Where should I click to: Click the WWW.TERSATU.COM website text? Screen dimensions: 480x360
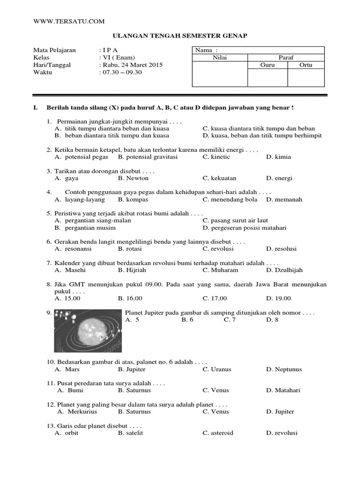[x=69, y=22]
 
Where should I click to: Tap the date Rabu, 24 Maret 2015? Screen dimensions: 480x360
[x=133, y=65]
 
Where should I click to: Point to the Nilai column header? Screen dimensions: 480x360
[x=219, y=58]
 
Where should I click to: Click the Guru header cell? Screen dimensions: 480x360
[x=267, y=65]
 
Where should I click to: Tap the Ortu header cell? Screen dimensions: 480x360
[x=306, y=65]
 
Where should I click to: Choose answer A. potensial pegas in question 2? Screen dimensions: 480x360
[x=82, y=157]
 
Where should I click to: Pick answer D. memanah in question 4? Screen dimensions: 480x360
[x=284, y=199]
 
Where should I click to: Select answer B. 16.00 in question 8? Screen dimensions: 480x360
[x=130, y=298]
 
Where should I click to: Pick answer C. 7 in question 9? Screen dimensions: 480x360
[x=229, y=320]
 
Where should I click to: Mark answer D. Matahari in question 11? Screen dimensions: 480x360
[x=283, y=390]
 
